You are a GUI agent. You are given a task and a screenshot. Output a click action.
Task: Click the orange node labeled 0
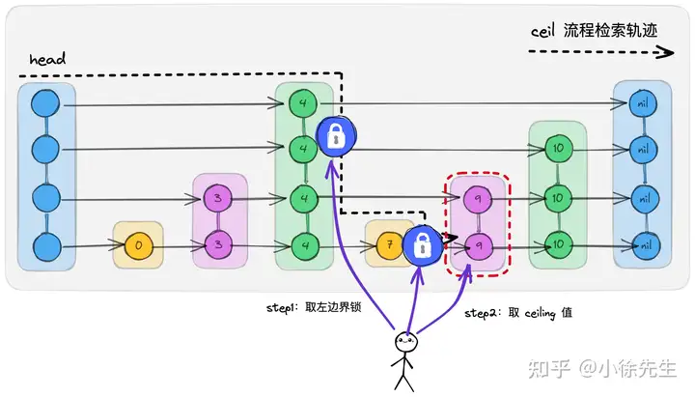tap(139, 245)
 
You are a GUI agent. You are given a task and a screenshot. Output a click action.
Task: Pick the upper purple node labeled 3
tap(219, 198)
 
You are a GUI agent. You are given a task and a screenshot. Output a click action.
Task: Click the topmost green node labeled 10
tap(557, 150)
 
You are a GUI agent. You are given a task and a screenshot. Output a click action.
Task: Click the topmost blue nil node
tap(640, 102)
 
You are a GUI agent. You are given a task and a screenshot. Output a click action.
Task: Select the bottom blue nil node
tap(640, 243)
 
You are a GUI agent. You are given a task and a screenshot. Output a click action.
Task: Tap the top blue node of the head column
tap(44, 103)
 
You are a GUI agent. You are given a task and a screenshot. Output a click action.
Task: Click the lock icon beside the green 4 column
tap(338, 138)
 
